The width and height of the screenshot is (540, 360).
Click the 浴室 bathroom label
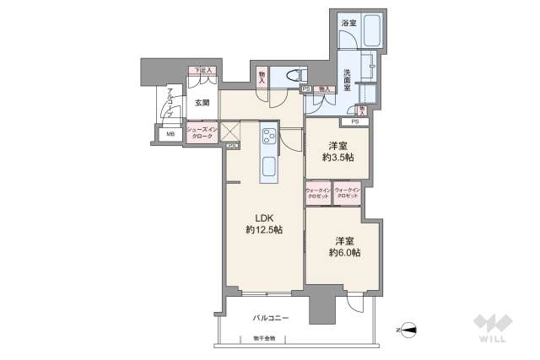(x=349, y=24)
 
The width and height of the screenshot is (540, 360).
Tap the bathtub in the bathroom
(x=371, y=32)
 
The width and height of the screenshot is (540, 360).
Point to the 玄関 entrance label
(x=202, y=103)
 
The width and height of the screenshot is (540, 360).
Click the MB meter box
(x=170, y=134)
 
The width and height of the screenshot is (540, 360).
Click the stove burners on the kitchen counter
(x=267, y=134)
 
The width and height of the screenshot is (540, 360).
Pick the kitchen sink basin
(x=267, y=166)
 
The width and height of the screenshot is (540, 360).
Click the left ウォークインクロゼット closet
(x=317, y=193)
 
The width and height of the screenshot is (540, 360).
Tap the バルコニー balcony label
(x=271, y=318)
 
